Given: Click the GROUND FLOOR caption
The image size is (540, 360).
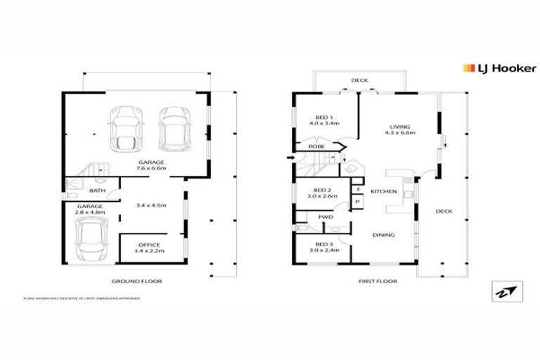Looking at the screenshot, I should coord(137,281).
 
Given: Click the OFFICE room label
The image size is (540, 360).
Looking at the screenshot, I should coord(150,245).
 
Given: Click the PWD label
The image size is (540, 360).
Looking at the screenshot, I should coord(325,217).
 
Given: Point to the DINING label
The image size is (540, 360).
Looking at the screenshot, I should coord(383,235).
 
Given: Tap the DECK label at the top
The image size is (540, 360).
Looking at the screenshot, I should coord(359,80).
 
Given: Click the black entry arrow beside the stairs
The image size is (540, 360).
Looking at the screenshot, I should coord(291,158).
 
